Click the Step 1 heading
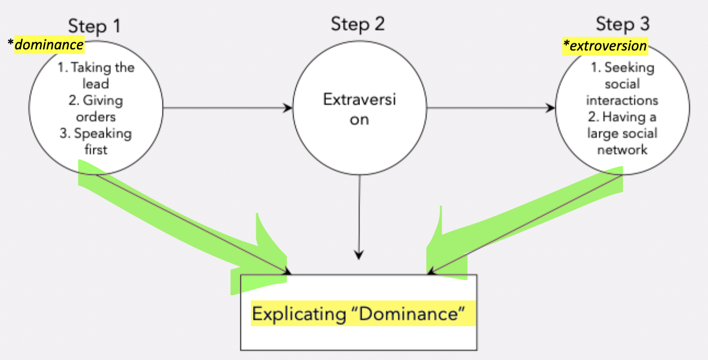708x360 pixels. (x=94, y=26)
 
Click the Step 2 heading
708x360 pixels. (x=358, y=24)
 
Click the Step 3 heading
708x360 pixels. (x=622, y=24)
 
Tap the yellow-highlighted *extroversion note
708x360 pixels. (x=606, y=46)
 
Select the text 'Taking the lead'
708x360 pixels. (x=96, y=76)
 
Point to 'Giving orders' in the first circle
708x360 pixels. (x=96, y=109)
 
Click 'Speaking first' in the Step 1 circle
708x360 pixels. (x=96, y=141)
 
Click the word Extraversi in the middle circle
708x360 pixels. (x=359, y=100)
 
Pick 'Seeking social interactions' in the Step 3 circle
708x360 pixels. (x=622, y=84)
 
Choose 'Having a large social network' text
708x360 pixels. (x=622, y=133)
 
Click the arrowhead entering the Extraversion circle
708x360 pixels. (x=288, y=108)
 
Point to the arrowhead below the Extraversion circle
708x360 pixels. (x=358, y=255)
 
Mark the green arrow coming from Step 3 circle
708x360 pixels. (x=527, y=220)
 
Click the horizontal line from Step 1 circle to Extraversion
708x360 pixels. (x=225, y=108)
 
